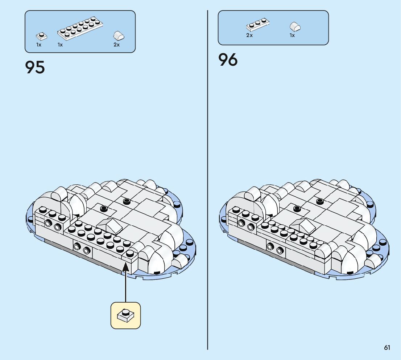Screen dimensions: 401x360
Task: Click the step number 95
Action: point(35,67)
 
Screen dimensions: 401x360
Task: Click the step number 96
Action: point(228,60)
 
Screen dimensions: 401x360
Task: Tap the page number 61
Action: point(387,348)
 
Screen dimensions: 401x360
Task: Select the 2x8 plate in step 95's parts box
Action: point(80,28)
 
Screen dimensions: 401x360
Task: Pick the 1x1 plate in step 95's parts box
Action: point(42,36)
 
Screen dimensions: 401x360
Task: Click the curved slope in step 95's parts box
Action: point(119,36)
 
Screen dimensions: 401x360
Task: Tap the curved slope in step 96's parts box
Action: point(295,27)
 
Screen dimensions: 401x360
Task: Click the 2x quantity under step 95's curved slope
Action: point(116,45)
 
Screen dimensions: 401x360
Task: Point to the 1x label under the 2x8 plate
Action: point(60,45)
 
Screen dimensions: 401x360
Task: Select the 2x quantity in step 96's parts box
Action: point(249,36)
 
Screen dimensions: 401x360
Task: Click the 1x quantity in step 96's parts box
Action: point(292,36)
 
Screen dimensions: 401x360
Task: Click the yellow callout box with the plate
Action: point(125,315)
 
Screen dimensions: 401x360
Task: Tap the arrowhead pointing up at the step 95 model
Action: point(125,266)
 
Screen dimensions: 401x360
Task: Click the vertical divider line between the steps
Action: point(207,181)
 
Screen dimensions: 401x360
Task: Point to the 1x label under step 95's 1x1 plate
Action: point(39,45)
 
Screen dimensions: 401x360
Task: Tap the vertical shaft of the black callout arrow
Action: point(125,287)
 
